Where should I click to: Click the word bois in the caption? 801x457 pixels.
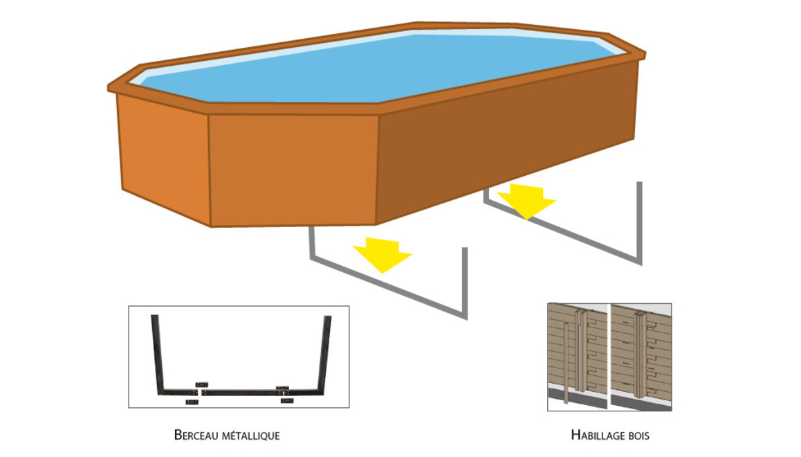point(637,436)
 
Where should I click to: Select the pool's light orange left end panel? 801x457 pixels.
point(163,156)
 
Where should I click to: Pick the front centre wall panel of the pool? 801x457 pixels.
point(293,170)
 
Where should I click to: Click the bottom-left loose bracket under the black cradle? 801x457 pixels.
point(192,402)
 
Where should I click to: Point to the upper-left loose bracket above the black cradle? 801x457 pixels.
point(201,384)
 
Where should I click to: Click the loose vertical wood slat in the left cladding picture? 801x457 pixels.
point(567,367)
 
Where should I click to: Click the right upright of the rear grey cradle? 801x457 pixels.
point(639,222)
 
